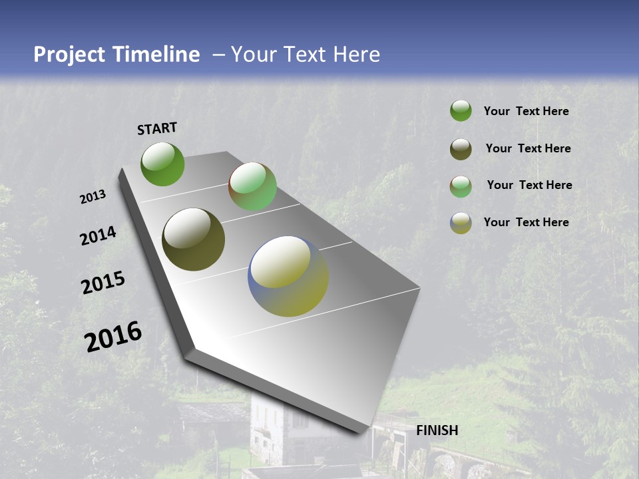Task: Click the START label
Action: [157, 128]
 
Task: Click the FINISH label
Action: [437, 430]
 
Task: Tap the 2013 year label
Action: [93, 197]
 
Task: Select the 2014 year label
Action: [99, 236]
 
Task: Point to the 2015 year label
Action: [103, 283]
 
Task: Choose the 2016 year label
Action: [113, 337]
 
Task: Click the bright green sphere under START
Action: [162, 164]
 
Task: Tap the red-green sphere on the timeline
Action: [252, 186]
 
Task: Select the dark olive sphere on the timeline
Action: [193, 239]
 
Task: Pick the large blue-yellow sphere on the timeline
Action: [288, 276]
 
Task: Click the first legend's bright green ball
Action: [461, 110]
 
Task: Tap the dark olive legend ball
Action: [461, 149]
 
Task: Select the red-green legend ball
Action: [461, 186]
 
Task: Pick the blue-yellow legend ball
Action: [461, 223]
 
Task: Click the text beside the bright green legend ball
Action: [526, 111]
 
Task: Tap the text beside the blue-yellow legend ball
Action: [526, 222]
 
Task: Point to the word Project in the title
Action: [69, 55]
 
